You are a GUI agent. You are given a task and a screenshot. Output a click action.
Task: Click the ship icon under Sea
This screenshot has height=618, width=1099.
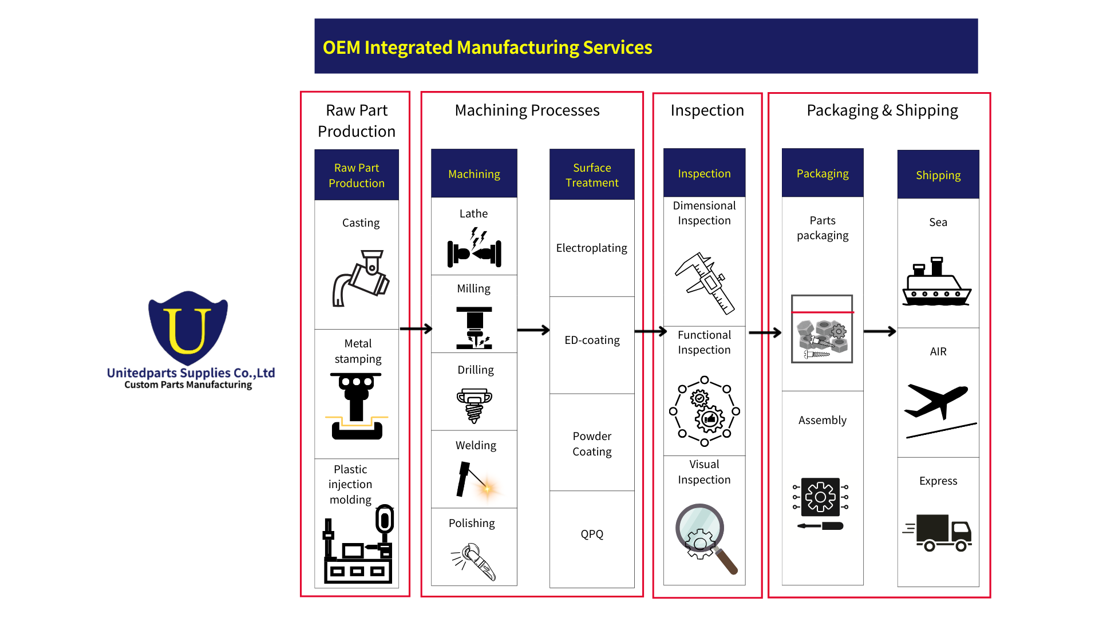936,283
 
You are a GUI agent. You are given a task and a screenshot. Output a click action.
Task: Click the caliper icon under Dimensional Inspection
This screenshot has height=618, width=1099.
705,283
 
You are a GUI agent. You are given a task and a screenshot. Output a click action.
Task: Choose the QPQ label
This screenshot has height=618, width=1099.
592,534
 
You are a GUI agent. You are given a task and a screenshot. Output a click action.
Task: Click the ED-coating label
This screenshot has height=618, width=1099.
592,340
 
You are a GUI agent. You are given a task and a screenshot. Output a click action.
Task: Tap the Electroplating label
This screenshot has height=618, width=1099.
591,248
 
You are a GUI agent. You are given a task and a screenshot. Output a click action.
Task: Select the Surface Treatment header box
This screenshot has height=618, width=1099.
592,175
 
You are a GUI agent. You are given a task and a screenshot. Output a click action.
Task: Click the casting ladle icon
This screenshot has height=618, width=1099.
361,278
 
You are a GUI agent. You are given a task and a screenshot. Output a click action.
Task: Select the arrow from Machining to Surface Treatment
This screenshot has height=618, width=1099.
533,330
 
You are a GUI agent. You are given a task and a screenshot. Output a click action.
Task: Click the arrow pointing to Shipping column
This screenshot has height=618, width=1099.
879,331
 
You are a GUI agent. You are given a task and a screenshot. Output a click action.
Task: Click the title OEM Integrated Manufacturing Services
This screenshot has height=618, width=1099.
487,47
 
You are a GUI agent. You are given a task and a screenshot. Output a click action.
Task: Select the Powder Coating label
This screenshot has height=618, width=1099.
592,444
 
